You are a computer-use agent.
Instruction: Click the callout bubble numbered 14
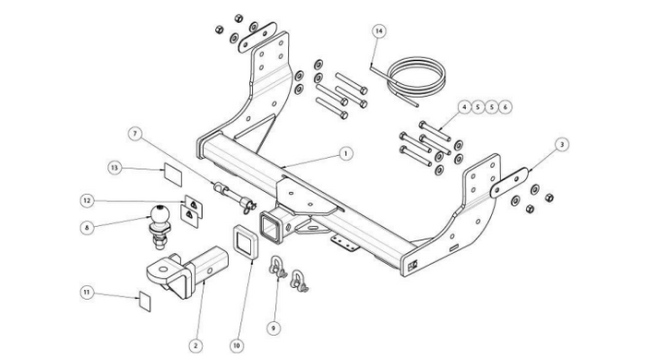pyautogui.click(x=379, y=31)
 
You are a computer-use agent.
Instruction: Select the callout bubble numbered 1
pyautogui.click(x=346, y=153)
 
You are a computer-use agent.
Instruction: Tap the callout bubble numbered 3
pyautogui.click(x=562, y=145)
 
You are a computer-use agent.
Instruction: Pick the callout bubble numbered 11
pyautogui.click(x=87, y=293)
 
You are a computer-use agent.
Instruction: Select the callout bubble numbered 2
pyautogui.click(x=196, y=345)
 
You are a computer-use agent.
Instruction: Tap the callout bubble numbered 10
pyautogui.click(x=236, y=345)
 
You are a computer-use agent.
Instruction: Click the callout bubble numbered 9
pyautogui.click(x=273, y=329)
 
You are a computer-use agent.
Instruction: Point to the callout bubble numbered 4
pyautogui.click(x=464, y=107)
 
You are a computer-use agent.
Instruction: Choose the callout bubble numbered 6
pyautogui.click(x=505, y=107)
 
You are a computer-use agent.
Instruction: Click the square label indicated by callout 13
pyautogui.click(x=173, y=174)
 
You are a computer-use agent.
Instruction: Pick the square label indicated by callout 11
pyautogui.click(x=145, y=302)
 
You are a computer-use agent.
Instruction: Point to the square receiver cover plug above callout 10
pyautogui.click(x=245, y=243)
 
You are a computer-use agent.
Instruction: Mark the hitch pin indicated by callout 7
pyautogui.click(x=234, y=197)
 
